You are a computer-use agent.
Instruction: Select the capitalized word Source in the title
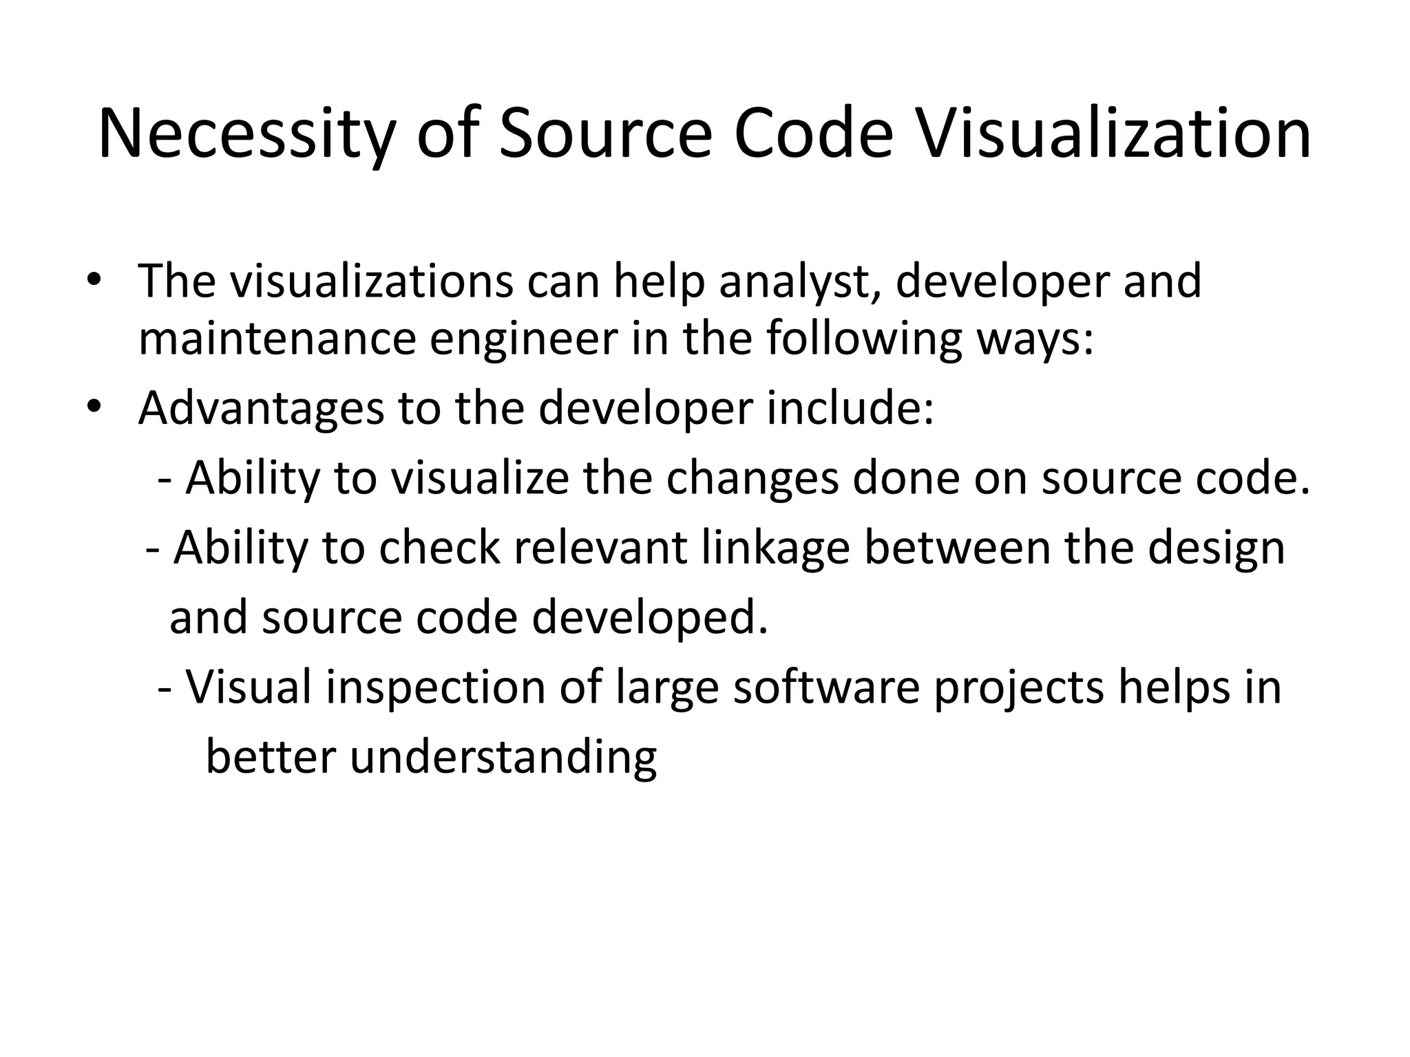coord(606,134)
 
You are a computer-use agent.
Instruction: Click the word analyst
coord(799,281)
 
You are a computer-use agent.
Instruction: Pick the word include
coord(850,408)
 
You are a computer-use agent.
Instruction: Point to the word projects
coord(1019,688)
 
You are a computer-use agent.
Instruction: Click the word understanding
coord(503,758)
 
